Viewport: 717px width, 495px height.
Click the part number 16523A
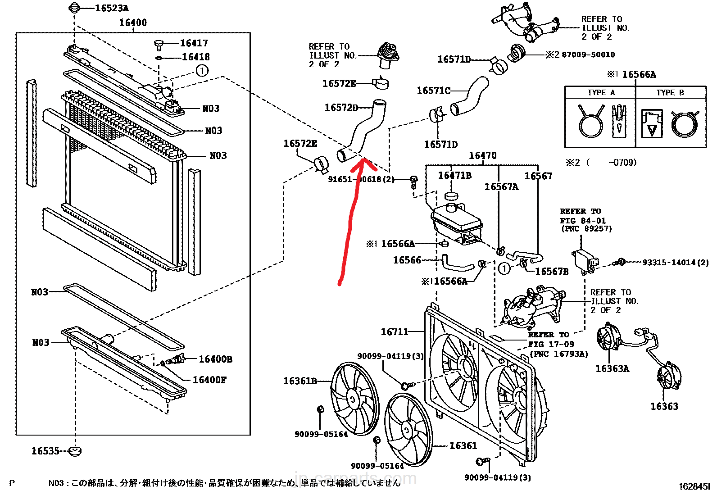click(x=112, y=8)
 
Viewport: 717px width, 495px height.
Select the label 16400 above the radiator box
click(x=132, y=23)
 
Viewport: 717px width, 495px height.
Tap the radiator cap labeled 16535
click(x=75, y=451)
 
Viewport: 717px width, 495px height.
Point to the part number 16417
click(x=194, y=43)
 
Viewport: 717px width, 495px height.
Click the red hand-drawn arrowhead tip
click(x=363, y=160)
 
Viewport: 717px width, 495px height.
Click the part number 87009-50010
click(x=588, y=54)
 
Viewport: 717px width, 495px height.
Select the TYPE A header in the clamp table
click(x=600, y=92)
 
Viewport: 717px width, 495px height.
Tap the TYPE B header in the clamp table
click(x=670, y=92)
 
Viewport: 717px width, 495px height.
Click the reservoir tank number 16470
click(x=482, y=155)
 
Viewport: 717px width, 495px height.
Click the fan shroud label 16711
click(x=394, y=332)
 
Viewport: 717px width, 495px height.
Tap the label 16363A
click(x=612, y=369)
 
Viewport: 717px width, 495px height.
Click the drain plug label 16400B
click(x=215, y=359)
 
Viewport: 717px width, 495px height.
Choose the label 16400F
click(x=209, y=380)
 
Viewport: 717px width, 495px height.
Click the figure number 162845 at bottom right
click(x=694, y=486)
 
